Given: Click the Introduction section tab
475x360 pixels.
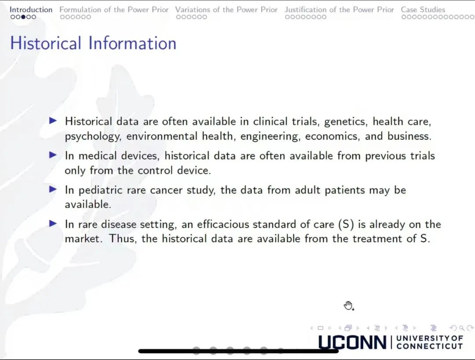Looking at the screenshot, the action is click(x=31, y=10).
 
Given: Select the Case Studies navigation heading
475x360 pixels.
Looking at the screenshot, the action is click(x=423, y=10).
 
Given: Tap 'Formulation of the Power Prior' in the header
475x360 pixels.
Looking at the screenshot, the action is click(x=114, y=10).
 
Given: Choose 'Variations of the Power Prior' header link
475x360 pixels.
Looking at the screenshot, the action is click(x=227, y=10).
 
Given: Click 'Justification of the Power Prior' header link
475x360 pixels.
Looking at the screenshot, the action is click(x=339, y=10).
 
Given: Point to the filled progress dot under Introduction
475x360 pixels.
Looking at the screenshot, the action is click(x=23, y=17).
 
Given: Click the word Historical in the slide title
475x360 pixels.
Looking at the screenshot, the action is click(x=46, y=43).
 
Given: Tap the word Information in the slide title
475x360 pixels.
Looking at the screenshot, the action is click(x=132, y=43).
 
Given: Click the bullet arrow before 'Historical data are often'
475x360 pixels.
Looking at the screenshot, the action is click(x=53, y=121).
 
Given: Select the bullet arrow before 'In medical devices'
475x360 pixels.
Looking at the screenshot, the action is click(x=53, y=155).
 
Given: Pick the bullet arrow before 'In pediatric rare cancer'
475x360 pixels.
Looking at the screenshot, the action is click(x=53, y=189).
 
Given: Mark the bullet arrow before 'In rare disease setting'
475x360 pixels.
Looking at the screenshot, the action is click(x=53, y=223).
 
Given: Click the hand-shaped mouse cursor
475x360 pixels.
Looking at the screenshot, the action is click(x=348, y=306).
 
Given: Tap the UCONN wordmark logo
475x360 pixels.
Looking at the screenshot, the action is click(x=352, y=342).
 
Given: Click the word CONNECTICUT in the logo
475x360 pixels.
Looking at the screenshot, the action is click(x=430, y=346).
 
